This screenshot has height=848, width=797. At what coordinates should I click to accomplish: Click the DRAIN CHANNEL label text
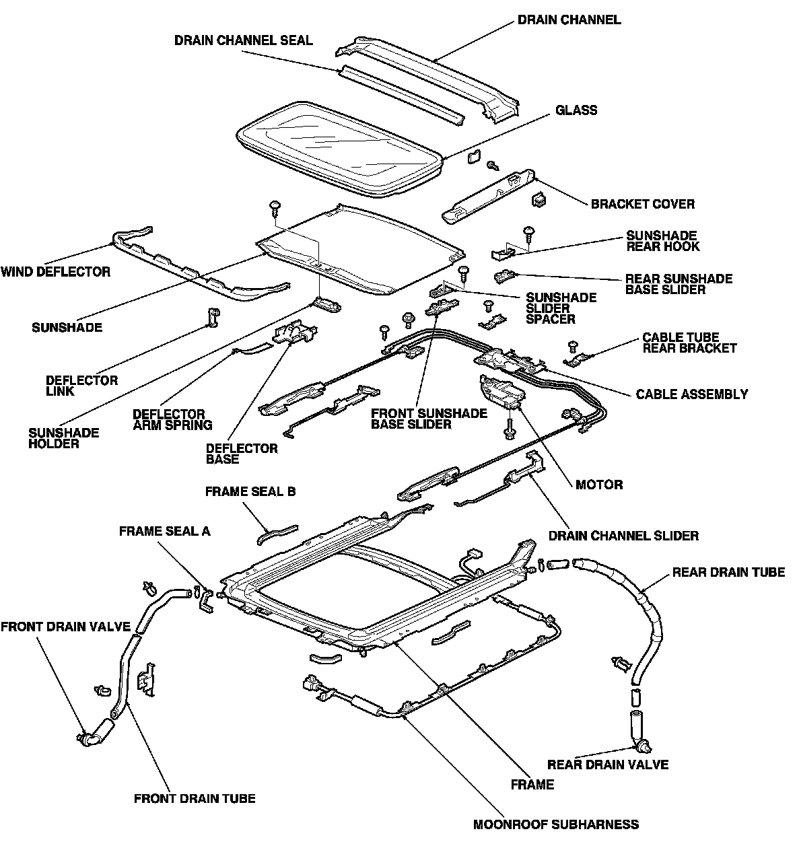click(569, 20)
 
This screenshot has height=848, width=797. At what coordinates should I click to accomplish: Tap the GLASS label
click(576, 110)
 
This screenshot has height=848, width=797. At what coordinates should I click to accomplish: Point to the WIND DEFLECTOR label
click(55, 272)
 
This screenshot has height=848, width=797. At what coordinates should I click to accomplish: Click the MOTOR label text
click(599, 484)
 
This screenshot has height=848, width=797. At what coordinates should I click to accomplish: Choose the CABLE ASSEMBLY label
click(691, 394)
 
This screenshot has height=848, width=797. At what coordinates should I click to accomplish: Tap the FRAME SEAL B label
click(250, 491)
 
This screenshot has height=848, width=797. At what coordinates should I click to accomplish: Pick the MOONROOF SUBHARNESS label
click(556, 824)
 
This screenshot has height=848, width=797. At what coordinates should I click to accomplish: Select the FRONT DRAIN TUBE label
click(195, 798)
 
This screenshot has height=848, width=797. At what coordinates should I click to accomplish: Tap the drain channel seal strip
click(402, 94)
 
